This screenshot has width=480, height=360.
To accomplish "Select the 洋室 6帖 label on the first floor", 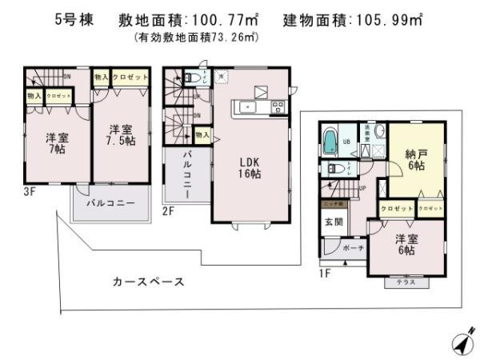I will point(404,244).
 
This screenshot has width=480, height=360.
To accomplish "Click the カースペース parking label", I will point(149,282).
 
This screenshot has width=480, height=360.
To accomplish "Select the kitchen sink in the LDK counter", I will point(248,106).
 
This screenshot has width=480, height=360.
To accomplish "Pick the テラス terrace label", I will point(404,282).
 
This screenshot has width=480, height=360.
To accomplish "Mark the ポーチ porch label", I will point(353,249).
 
